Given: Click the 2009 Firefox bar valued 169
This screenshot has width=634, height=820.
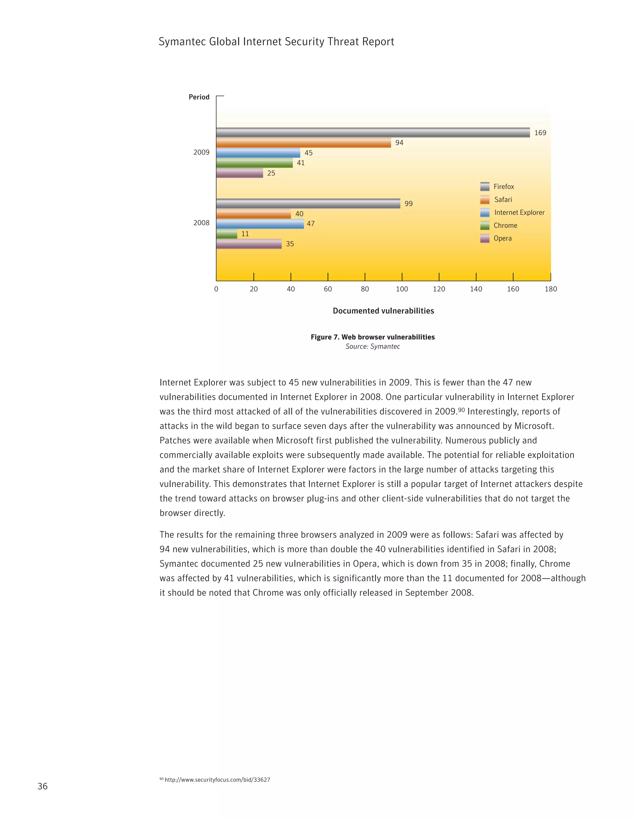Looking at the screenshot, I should click(373, 132).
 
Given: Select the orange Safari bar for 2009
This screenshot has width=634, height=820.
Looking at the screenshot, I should click(303, 143).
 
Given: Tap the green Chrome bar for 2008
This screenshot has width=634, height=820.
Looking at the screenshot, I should click(227, 234).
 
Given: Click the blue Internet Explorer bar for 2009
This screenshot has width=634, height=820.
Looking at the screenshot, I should click(258, 153).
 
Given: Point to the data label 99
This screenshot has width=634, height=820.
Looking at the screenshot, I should click(408, 204).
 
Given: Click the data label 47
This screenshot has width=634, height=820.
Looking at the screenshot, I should click(310, 224).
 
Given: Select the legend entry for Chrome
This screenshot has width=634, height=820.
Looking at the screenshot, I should click(505, 226).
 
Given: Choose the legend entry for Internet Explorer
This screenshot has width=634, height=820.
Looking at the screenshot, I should click(519, 213).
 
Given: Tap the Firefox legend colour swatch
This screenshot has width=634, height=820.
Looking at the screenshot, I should click(484, 187).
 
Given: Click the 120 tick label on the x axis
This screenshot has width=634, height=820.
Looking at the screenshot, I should click(439, 289).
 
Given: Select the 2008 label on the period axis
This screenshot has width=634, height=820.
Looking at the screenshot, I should click(201, 223).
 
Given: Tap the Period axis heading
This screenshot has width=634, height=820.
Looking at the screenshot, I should click(199, 97).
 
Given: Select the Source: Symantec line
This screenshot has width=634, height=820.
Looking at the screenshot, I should click(373, 347).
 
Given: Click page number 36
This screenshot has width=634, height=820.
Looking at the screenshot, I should click(42, 786).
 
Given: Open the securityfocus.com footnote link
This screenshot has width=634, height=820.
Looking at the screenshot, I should click(217, 780).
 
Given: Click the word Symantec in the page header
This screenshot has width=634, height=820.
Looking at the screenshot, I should click(181, 42).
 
